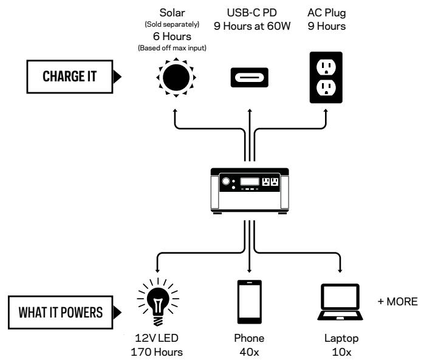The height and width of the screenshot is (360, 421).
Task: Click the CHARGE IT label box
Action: point(70,76)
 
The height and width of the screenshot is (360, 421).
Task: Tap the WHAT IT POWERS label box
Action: point(60,312)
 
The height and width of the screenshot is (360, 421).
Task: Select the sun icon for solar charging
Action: point(176,78)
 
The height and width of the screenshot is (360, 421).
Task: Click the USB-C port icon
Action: point(250,78)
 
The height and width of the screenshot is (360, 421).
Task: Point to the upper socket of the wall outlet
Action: point(326,67)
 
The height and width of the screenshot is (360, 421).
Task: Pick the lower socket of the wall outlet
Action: point(326,87)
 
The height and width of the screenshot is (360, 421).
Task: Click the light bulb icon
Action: point(158,302)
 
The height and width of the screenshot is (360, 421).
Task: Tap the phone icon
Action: point(250,302)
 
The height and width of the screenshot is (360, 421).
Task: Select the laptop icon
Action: point(340,302)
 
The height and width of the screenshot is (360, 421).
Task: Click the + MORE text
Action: point(398,302)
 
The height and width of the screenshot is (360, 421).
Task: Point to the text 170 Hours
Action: point(157,352)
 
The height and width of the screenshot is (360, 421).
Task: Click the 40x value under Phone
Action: point(250,352)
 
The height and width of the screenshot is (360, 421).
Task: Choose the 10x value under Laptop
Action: point(341,352)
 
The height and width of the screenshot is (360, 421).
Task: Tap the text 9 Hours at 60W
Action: point(252,26)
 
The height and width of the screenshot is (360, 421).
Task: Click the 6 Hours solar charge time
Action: point(172,36)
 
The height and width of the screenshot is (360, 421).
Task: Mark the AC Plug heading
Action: point(326,13)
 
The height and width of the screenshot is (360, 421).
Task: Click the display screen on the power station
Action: point(250,182)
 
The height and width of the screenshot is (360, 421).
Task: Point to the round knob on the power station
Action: point(226,182)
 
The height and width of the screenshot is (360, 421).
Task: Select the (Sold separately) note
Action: point(172,24)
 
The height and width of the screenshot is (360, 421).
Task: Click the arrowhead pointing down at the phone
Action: point(250,271)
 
